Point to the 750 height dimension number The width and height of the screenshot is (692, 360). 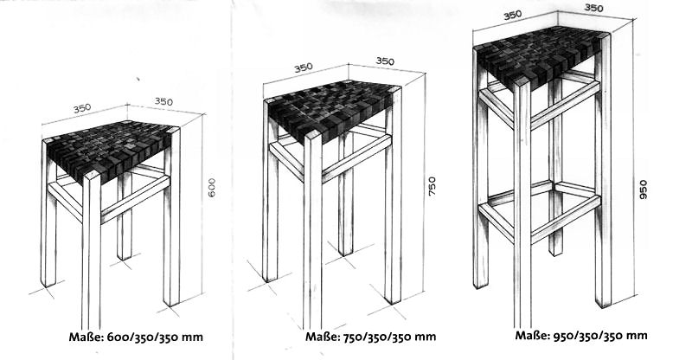click(432, 187)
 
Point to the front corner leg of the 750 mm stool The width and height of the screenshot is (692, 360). click(313, 234)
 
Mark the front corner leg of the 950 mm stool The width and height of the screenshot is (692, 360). click(522, 208)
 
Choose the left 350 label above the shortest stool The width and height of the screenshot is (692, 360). click(81, 108)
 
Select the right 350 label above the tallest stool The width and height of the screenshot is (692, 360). click(593, 8)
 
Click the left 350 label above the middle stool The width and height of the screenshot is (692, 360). click(303, 67)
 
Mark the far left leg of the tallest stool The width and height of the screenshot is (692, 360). click(480, 173)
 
